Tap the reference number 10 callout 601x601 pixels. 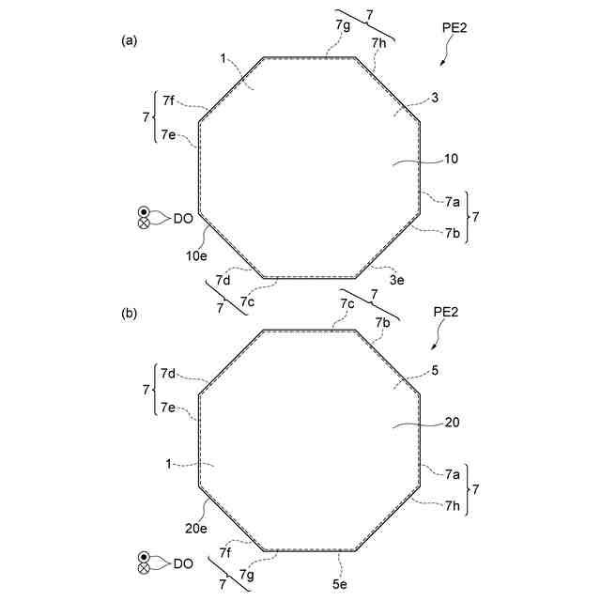coord(451,160)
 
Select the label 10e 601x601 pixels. coord(196,254)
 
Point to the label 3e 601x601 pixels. coord(397,280)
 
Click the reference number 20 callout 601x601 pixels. coord(451,423)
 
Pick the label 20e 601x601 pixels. coord(196,529)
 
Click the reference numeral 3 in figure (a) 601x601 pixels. coord(434,97)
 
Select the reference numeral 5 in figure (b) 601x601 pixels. coord(434,370)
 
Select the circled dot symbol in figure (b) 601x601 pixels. coord(144,556)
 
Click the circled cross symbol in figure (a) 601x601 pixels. coord(144,223)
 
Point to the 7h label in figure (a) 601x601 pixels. coord(378,42)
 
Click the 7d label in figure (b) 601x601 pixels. coord(169,374)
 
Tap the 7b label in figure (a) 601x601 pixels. coord(453,233)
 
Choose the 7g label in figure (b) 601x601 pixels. coord(247,574)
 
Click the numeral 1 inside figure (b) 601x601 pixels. coord(168,464)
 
